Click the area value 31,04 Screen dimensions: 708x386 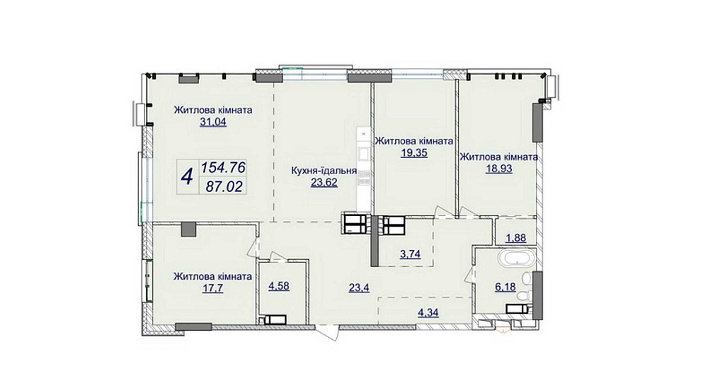point(213,121)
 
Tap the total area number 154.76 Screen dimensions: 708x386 point(223,168)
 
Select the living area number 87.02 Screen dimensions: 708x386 point(224,186)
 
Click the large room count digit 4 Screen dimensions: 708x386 point(187,176)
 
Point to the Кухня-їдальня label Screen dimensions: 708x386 point(324,171)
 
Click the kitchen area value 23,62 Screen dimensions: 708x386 point(324,183)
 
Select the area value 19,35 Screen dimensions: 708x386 point(414,152)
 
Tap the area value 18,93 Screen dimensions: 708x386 point(499,169)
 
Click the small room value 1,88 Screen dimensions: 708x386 point(515,237)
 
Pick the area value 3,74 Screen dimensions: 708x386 point(410,254)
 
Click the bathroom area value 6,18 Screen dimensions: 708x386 point(506,287)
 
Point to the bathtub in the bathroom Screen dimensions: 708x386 point(517,259)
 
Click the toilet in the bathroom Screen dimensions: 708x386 point(524,297)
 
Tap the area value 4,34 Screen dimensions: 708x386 point(428,312)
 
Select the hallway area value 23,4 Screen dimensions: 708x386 point(359,287)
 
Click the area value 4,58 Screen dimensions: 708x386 point(278,285)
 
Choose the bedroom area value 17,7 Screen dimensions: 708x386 point(213,287)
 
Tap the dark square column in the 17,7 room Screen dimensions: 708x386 point(189,229)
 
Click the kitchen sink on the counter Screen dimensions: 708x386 point(363,152)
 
